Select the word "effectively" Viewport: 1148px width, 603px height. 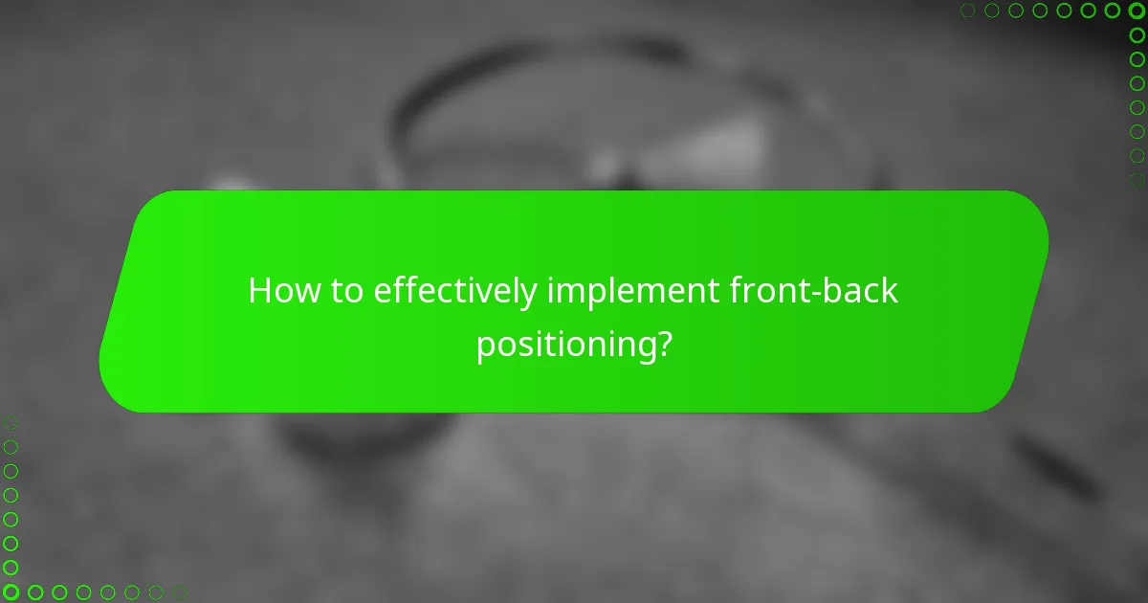pyautogui.click(x=455, y=293)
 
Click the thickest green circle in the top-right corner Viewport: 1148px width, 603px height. pyautogui.click(x=1137, y=11)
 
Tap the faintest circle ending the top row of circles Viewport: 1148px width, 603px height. pyautogui.click(x=968, y=11)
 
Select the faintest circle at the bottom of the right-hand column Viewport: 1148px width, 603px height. pyautogui.click(x=1137, y=179)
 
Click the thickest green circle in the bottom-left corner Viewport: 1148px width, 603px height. pyautogui.click(x=11, y=592)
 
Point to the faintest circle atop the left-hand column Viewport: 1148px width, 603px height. pyautogui.click(x=11, y=422)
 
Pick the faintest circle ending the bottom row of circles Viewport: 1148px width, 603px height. pyautogui.click(x=179, y=592)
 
